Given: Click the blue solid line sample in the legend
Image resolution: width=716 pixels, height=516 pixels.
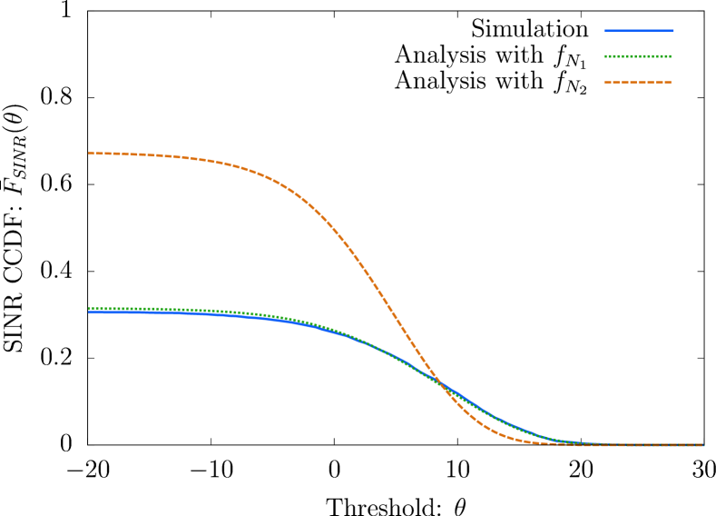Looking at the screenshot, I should pos(639,31).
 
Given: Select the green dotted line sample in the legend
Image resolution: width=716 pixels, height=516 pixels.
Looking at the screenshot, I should pos(639,56).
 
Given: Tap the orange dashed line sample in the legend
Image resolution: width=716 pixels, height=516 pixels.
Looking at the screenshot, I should pos(639,83).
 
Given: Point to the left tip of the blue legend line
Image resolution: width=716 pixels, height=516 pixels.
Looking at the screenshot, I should pos(604,31).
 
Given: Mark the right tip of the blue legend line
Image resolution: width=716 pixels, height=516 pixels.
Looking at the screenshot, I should pos(673,31).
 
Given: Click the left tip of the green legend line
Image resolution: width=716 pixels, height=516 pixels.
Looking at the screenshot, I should pos(604,56).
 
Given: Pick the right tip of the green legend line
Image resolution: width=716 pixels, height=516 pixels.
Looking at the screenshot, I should pos(672,56).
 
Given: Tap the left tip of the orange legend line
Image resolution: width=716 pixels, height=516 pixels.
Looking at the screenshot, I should pos(604,83).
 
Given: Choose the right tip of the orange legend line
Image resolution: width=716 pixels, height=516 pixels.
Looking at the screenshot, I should pos(672,83).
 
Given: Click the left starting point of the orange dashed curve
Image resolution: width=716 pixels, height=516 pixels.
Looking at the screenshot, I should pos(89,154).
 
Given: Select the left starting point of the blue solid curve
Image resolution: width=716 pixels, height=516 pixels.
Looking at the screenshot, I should pos(89,313).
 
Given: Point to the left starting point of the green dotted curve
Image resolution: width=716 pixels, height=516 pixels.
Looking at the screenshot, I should pos(89,309).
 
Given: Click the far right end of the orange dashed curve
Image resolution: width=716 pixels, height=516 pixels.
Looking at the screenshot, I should pos(703,445).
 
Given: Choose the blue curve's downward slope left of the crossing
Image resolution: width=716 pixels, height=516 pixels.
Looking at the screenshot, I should pos(381,350).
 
